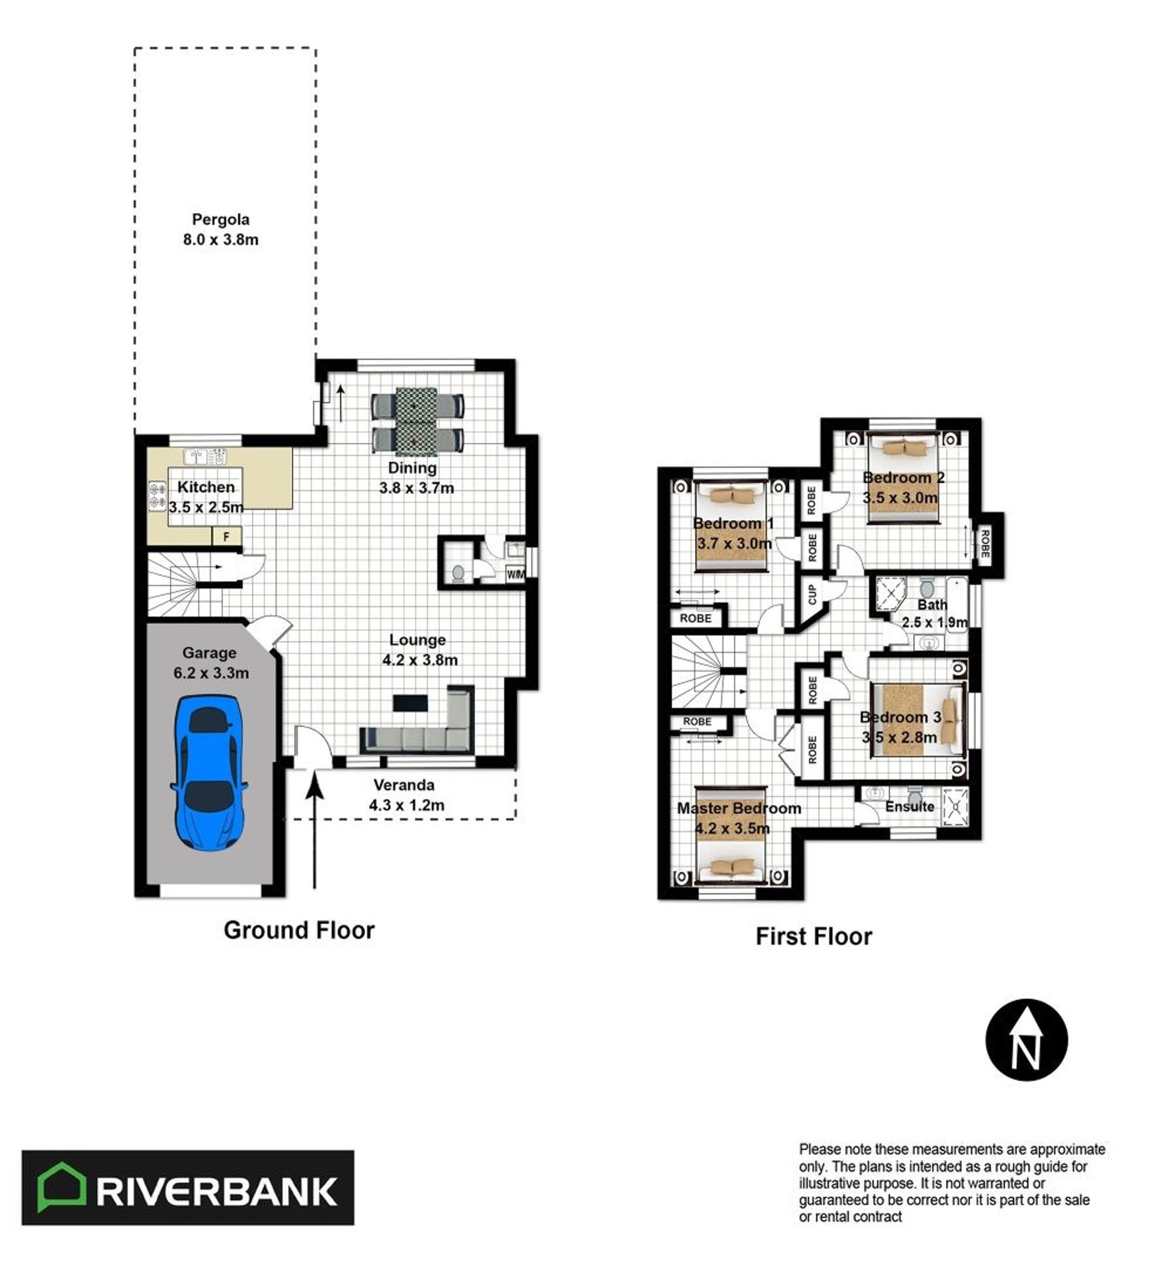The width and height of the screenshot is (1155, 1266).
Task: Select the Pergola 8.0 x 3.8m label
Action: click(x=221, y=229)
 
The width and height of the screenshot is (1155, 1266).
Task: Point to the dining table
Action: click(x=416, y=422)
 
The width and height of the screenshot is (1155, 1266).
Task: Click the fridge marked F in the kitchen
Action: click(x=227, y=537)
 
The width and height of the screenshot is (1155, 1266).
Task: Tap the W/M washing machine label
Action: click(x=515, y=574)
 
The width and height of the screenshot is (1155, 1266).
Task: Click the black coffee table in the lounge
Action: click(x=410, y=703)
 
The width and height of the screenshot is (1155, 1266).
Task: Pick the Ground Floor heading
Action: click(x=299, y=930)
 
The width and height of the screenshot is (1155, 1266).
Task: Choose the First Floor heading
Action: click(x=813, y=936)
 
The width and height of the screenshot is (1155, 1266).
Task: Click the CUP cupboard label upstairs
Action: click(x=812, y=594)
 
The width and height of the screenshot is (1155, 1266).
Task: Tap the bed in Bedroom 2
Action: click(x=903, y=478)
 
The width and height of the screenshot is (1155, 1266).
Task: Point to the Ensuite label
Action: click(x=910, y=806)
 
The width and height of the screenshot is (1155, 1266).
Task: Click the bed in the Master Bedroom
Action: click(x=731, y=835)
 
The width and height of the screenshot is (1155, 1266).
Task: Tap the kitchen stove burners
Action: click(x=157, y=495)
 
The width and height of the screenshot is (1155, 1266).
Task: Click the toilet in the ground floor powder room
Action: click(x=459, y=573)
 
